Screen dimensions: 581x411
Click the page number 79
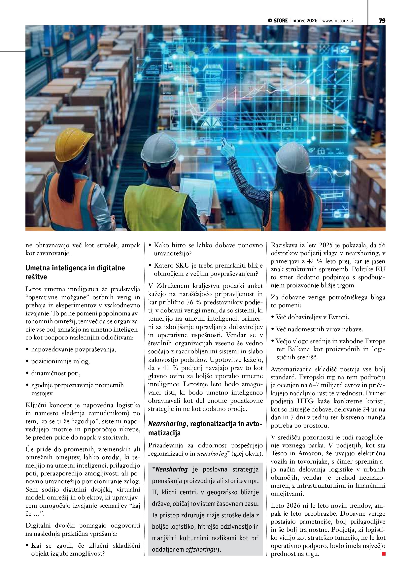click(382, 20)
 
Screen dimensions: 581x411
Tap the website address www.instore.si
click(337, 21)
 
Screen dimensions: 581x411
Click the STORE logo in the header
click(278, 21)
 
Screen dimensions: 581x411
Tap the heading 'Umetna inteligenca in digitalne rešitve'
click(75, 272)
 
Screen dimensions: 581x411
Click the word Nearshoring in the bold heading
click(167, 423)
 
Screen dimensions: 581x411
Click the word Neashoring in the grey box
click(171, 469)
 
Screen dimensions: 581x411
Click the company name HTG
click(305, 401)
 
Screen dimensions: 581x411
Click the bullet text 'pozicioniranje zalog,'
click(60, 361)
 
